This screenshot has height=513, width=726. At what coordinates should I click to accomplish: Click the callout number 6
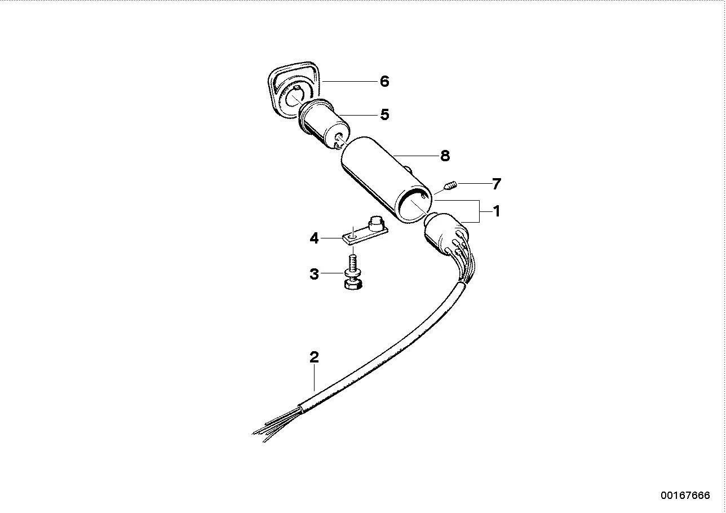384,81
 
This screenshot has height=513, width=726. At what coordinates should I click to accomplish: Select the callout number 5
384,114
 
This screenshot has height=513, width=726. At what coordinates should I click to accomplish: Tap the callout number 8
445,156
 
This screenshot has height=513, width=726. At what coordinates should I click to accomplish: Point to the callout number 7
496,184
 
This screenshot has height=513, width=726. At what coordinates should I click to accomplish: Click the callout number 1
496,211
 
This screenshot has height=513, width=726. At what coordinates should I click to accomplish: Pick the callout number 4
314,238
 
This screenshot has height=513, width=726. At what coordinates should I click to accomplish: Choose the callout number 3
314,274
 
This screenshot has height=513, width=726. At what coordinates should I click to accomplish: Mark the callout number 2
314,357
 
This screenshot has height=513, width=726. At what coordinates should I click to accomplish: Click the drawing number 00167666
685,495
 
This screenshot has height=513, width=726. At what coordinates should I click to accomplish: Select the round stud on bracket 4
375,222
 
